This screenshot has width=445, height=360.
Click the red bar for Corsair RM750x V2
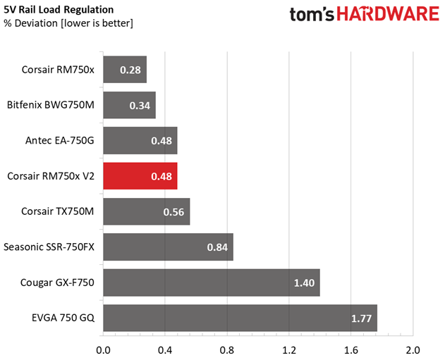[140, 176]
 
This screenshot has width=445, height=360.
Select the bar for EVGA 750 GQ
[240, 318]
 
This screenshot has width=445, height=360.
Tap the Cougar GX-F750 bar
[212, 283]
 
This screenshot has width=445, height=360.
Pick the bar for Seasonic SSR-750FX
[169, 247]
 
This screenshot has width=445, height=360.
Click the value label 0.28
[130, 70]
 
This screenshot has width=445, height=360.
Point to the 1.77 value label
[361, 318]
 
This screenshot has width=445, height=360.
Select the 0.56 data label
[173, 212]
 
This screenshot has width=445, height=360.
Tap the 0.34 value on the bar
[140, 106]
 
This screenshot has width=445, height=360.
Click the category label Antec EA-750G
[60, 140]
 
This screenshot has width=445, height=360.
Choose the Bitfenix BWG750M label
[51, 105]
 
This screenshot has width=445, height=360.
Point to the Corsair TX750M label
[58, 211]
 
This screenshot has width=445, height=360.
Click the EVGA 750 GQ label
[63, 318]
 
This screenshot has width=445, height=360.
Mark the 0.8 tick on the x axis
[227, 350]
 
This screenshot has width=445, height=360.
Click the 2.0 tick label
[413, 350]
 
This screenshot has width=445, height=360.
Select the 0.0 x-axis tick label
[103, 350]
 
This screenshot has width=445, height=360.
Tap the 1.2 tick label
[289, 350]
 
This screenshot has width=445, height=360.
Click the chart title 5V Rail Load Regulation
[59, 10]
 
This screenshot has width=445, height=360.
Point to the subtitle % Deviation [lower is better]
[68, 23]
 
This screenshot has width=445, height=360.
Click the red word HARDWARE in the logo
[389, 14]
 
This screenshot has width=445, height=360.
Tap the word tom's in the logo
[312, 14]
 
